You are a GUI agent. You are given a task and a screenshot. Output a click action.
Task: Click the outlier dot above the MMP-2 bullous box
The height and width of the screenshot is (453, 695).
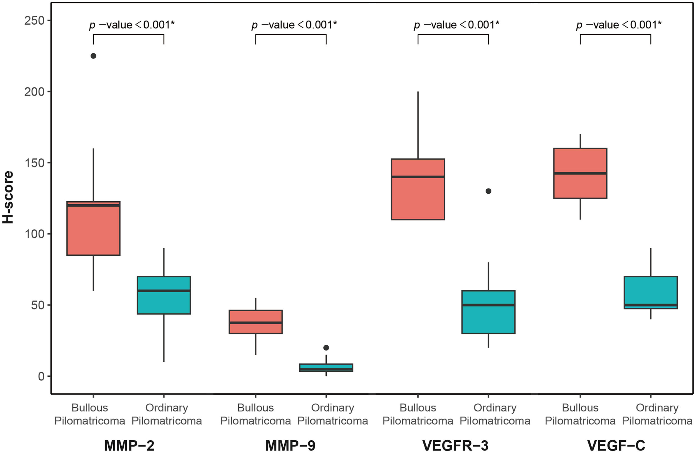coord(93,56)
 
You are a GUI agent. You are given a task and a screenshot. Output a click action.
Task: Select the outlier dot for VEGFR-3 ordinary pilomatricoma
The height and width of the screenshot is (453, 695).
coord(488,191)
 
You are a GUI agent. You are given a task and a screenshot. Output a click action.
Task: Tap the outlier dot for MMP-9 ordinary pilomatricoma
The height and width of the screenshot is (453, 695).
coord(326,348)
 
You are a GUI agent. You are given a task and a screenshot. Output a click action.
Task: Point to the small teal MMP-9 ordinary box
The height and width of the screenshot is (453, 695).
coord(326,367)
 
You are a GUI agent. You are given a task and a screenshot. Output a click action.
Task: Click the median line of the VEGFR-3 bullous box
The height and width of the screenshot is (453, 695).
coord(418,177)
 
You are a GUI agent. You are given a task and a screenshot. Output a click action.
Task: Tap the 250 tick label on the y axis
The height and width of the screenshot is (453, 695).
coord(34,21)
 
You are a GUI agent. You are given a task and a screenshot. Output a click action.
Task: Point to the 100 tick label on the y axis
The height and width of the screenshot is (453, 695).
coord(34,234)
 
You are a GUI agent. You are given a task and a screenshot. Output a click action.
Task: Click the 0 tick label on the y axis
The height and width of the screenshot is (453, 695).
coord(41,376)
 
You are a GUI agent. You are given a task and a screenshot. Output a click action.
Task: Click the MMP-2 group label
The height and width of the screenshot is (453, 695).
coord(129,446)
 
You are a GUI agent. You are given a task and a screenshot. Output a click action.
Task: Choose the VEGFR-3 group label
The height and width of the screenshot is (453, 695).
coord(455,446)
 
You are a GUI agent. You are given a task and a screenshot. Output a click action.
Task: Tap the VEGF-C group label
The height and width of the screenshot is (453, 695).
coord(616,446)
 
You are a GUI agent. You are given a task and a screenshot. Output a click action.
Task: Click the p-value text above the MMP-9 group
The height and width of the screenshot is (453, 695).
coord(294,25)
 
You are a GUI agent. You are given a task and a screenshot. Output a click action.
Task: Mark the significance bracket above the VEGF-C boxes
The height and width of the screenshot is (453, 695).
coord(615,35)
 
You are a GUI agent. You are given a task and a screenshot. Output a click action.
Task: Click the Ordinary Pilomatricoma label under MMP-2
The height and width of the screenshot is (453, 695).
coord(167,414)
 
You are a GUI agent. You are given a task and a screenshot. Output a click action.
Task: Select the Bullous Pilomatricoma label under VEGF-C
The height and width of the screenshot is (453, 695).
coord(580,414)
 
